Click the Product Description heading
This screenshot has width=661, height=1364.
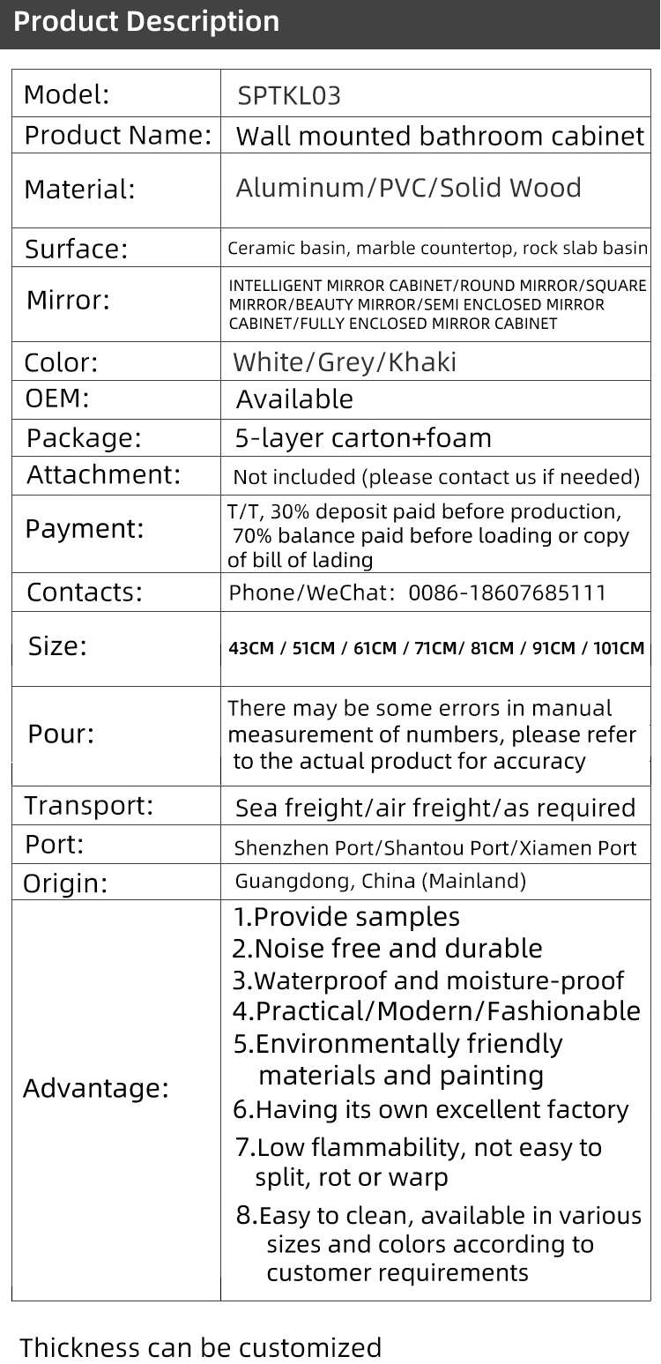click(146, 21)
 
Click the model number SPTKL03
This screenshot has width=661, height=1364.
click(289, 96)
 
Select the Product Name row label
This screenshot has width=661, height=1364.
click(118, 136)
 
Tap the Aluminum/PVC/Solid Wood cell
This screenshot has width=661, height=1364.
click(408, 188)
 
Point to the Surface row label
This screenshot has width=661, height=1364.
click(77, 250)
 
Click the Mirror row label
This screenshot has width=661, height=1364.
click(69, 301)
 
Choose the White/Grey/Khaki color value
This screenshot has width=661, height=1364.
click(345, 362)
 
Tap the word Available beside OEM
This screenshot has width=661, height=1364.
click(294, 399)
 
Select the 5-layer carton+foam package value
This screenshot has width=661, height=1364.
click(363, 438)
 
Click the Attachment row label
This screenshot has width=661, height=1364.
click(103, 474)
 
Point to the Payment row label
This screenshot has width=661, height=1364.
click(85, 529)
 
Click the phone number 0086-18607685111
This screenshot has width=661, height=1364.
click(508, 593)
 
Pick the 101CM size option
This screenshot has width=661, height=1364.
click(619, 649)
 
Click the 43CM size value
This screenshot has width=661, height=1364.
click(250, 649)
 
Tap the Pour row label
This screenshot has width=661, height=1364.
click(61, 734)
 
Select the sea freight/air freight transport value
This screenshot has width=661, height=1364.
click(435, 808)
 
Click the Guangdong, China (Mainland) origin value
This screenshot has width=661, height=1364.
click(380, 881)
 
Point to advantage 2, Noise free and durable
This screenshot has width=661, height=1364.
click(388, 949)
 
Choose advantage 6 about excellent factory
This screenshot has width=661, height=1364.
click(431, 1109)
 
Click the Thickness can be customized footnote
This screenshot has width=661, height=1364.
click(201, 1347)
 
